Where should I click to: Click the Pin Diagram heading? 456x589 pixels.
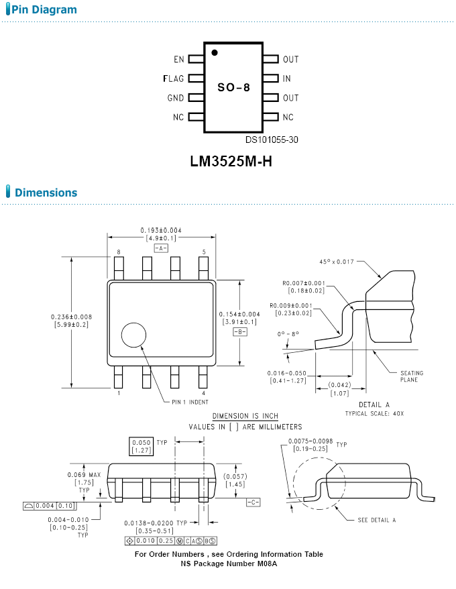[44, 10]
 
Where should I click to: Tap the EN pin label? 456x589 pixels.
[178, 60]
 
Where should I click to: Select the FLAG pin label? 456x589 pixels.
[174, 78]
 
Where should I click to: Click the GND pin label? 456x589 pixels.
[176, 98]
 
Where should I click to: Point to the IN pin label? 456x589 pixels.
[287, 78]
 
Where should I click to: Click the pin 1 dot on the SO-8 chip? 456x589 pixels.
[214, 52]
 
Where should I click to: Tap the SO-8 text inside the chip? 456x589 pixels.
[233, 87]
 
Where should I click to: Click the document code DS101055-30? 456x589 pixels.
[272, 140]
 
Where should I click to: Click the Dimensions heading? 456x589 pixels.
[46, 193]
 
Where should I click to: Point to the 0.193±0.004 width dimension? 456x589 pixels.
[161, 230]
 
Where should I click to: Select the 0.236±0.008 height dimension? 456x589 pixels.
[72, 317]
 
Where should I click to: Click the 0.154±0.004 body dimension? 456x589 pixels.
[239, 314]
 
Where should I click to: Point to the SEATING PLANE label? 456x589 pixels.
[412, 376]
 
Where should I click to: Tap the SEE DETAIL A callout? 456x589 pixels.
[376, 520]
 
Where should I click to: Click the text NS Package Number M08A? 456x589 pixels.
[229, 564]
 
